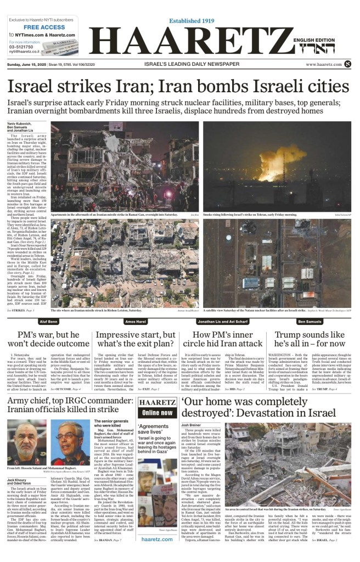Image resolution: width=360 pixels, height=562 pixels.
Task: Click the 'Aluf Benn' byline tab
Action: click(x=49, y=321)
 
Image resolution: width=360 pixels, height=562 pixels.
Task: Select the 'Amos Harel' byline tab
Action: click(x=136, y=321)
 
